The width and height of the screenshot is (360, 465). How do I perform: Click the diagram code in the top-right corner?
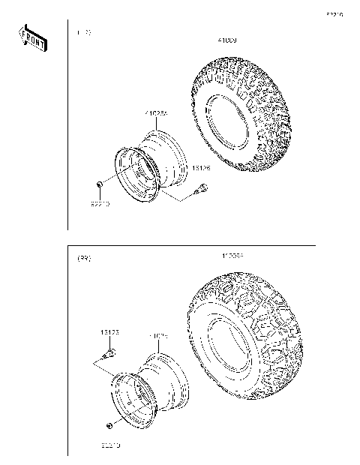pyautogui.click(x=334, y=14)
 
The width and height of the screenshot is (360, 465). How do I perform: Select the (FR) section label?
pyautogui.click(x=84, y=33)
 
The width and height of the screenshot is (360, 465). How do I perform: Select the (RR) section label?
pyautogui.click(x=85, y=258)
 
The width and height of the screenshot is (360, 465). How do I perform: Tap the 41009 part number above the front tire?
pyautogui.click(x=226, y=40)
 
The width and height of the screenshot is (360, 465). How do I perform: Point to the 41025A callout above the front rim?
pyautogui.click(x=157, y=113)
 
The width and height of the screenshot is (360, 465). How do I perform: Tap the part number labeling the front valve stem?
pyautogui.click(x=201, y=169)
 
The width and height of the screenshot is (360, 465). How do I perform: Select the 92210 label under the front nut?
pyautogui.click(x=101, y=204)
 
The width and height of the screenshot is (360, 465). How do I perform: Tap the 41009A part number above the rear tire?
pyautogui.click(x=232, y=256)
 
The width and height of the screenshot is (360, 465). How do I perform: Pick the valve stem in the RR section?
pyautogui.click(x=109, y=352)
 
